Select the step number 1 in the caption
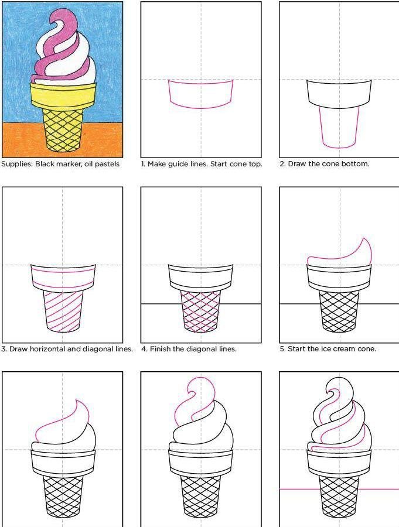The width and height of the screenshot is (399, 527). point(143,164)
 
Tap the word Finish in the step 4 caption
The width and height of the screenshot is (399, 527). point(160,349)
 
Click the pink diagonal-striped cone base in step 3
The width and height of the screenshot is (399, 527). point(63,312)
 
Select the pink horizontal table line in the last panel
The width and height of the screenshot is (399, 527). point(339,489)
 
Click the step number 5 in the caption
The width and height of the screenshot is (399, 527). point(282,349)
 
